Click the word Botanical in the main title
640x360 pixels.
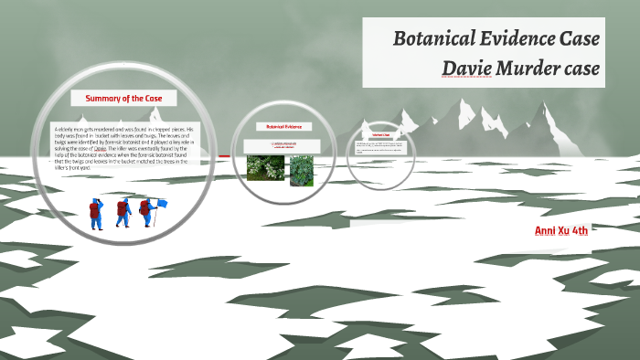(436, 39)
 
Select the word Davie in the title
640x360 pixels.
(468, 68)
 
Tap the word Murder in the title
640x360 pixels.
(531, 68)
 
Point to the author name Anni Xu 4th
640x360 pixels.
(561, 230)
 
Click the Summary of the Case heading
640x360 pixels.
(123, 98)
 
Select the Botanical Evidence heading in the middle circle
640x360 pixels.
(283, 126)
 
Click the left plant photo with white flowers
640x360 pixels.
(265, 167)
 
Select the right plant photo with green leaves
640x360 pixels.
(302, 170)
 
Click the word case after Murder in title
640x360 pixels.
(582, 68)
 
